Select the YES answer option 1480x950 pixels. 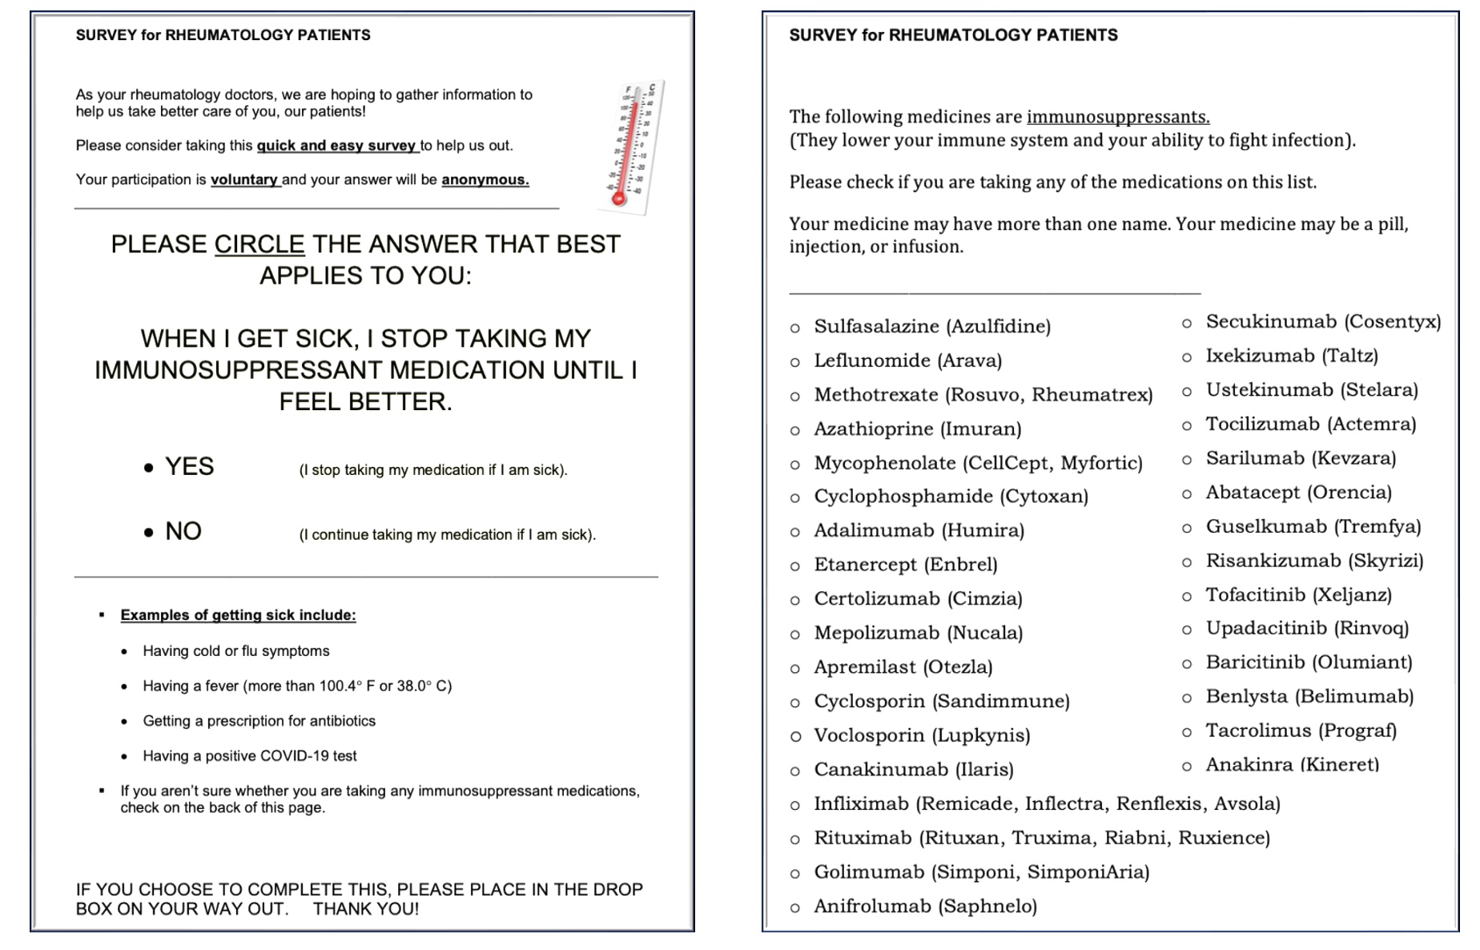pyautogui.click(x=189, y=467)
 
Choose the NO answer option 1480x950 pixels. pyautogui.click(x=183, y=532)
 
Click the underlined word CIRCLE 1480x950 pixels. pyautogui.click(x=259, y=244)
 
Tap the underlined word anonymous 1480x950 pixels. pyautogui.click(x=485, y=180)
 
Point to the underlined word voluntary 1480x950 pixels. pyautogui.click(x=244, y=180)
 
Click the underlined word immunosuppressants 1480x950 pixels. pyautogui.click(x=1117, y=117)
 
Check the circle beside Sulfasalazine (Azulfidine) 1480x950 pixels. pyautogui.click(x=794, y=328)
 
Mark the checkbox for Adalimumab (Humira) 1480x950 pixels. pyautogui.click(x=794, y=532)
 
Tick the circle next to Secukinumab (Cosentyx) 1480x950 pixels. pyautogui.click(x=1187, y=323)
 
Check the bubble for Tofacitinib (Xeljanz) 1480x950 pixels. pyautogui.click(x=1187, y=596)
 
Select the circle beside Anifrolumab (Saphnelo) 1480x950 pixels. pyautogui.click(x=794, y=908)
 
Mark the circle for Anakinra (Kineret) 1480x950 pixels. pyautogui.click(x=1187, y=767)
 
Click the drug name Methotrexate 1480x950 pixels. pyautogui.click(x=876, y=395)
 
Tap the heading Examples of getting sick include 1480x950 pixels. pyautogui.click(x=238, y=615)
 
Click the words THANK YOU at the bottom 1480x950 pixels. pyautogui.click(x=366, y=909)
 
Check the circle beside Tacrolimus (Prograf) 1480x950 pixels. pyautogui.click(x=1187, y=732)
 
